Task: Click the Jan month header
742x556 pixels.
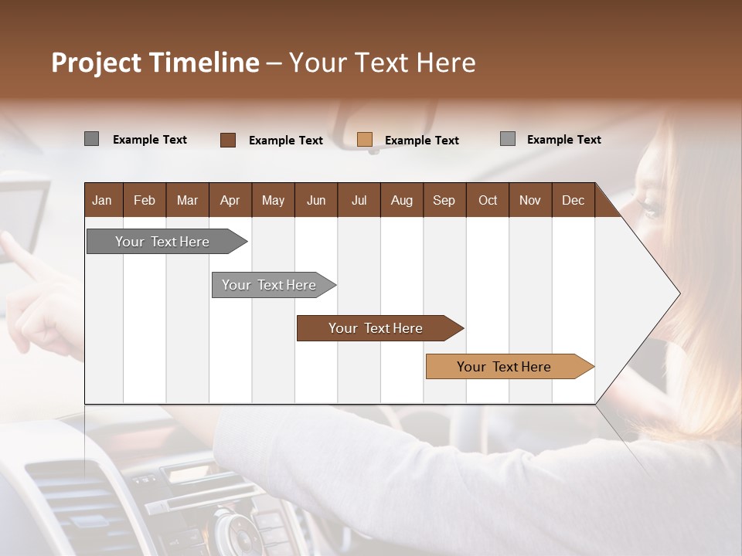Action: click(x=102, y=200)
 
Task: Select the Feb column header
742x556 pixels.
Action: click(x=145, y=200)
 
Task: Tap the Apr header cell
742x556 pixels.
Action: click(x=230, y=200)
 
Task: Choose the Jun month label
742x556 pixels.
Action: click(x=315, y=200)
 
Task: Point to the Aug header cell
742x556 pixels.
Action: click(x=401, y=200)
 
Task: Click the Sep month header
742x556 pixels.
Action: click(x=444, y=200)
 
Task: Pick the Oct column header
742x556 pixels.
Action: click(x=487, y=200)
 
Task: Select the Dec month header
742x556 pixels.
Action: click(x=573, y=200)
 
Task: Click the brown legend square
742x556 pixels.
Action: click(x=228, y=140)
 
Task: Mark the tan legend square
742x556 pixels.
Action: click(x=365, y=140)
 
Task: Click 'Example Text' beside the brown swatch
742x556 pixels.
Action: click(x=285, y=141)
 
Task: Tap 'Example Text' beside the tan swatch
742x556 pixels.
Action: click(x=421, y=141)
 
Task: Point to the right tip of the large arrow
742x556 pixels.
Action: click(x=678, y=293)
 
